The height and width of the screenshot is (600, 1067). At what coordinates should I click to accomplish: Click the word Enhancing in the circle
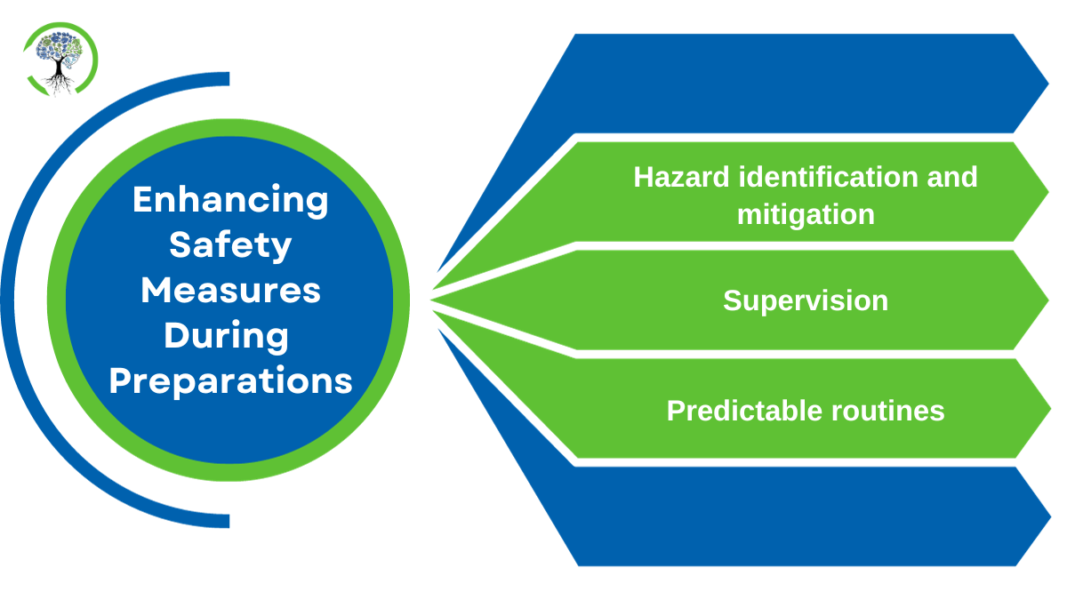pos(230,199)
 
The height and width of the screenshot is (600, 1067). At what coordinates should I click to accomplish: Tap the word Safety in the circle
pos(230,244)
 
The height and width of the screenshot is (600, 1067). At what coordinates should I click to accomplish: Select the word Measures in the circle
pos(230,290)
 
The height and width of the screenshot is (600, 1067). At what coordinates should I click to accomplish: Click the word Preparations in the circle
pos(230,381)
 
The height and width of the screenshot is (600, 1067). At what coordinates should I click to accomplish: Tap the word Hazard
pos(682,176)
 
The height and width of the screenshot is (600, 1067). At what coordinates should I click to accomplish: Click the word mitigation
pos(806,214)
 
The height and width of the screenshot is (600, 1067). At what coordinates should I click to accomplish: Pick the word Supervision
pos(806,300)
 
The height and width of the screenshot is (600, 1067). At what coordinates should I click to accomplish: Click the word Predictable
pos(744,410)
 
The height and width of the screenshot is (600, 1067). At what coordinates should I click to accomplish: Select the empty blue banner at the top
pos(800,82)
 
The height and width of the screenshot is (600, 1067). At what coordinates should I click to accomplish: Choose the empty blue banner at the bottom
pos(800,516)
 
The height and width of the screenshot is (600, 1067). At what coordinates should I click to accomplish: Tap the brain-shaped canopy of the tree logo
pos(59,47)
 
